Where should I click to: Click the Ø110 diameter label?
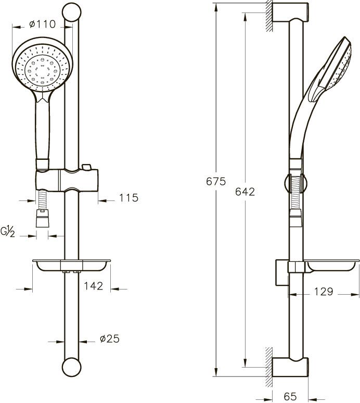tap(42, 24)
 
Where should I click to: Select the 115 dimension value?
tap(128, 198)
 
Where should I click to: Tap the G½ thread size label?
tap(8, 232)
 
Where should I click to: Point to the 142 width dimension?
tap(94, 286)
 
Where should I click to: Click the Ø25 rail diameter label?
tap(110, 339)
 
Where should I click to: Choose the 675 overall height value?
tap(216, 181)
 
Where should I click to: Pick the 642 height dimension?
tap(245, 192)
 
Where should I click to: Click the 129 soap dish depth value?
tap(324, 292)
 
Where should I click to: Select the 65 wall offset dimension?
tap(290, 396)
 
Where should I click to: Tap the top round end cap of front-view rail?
tap(72, 12)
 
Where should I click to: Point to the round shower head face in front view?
tap(42, 69)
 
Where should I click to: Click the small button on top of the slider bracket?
tap(86, 167)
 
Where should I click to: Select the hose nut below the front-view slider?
tap(42, 219)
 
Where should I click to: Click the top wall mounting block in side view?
tap(290, 12)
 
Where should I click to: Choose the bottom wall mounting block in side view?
tap(290, 367)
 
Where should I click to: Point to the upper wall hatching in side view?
tap(269, 16)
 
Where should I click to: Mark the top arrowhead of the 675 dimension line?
tap(216, 7)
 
